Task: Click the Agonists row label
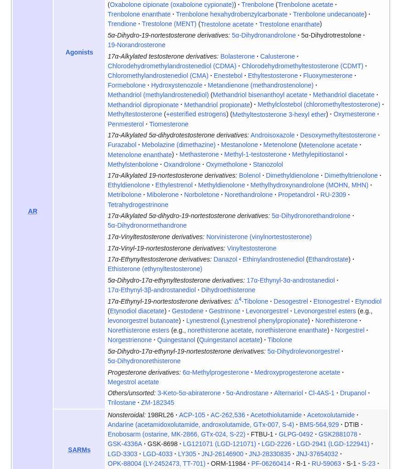[x=79, y=52]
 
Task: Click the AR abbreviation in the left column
[x=33, y=211]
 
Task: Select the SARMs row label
[x=79, y=450]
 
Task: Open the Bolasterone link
[x=237, y=56]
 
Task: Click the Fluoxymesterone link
[x=328, y=76]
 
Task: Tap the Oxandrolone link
[x=182, y=164]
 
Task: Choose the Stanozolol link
[x=268, y=164]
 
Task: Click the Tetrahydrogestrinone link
[x=138, y=205]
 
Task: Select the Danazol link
[x=225, y=259]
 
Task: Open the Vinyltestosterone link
[x=252, y=248]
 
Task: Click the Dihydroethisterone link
[x=228, y=290]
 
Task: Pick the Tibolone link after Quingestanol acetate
[x=280, y=340]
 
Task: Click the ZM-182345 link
[x=158, y=403]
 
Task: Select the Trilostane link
[x=122, y=403]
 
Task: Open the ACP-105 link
[x=192, y=415]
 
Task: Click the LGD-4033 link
[x=158, y=454]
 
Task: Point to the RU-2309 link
[x=333, y=195]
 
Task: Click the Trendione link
[x=122, y=24]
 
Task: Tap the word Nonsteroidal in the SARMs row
[x=126, y=415]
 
